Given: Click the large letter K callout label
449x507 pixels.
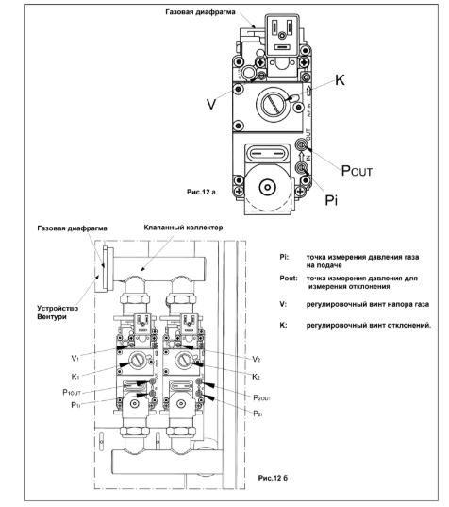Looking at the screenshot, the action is (x=340, y=80).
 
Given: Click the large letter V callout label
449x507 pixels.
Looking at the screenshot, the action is (x=211, y=104).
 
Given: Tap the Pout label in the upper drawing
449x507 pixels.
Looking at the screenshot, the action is (x=357, y=171).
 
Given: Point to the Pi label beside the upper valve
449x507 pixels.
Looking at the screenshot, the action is (x=331, y=200).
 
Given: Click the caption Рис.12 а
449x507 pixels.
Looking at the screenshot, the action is (x=201, y=192).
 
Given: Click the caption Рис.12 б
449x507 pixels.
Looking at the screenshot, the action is (x=273, y=477).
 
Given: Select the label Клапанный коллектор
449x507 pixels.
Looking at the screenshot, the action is (x=183, y=228).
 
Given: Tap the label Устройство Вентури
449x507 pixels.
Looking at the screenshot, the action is (x=58, y=313).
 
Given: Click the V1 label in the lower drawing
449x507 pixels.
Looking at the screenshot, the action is (x=75, y=358).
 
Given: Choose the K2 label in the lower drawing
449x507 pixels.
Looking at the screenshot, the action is (x=256, y=377).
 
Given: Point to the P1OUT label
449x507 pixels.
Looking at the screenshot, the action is (x=72, y=393).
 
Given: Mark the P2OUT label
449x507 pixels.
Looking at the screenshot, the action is (x=262, y=397).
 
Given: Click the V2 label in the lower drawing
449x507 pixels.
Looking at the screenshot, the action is (x=257, y=359).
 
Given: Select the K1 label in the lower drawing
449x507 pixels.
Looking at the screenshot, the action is (x=75, y=377).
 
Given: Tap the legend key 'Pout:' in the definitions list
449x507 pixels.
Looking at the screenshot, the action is (x=289, y=279).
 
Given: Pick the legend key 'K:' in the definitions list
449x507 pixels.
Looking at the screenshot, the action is (x=283, y=325).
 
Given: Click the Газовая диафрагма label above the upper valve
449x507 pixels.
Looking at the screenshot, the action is (x=200, y=12).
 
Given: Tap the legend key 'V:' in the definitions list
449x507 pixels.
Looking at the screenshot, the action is (x=283, y=304).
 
